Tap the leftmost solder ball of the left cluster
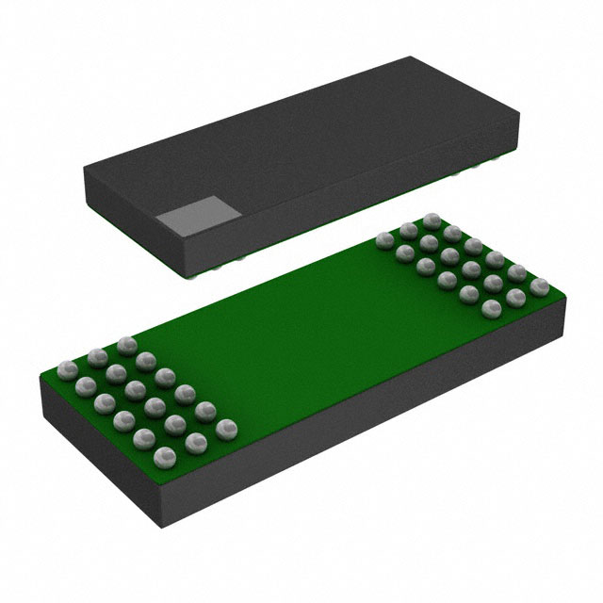pos(66,367)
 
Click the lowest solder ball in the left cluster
pos(164,457)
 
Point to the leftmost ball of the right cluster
pos(384,240)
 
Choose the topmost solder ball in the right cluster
pos(432,220)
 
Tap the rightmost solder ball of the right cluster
pos(539,285)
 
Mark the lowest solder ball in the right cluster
pos(490,308)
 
